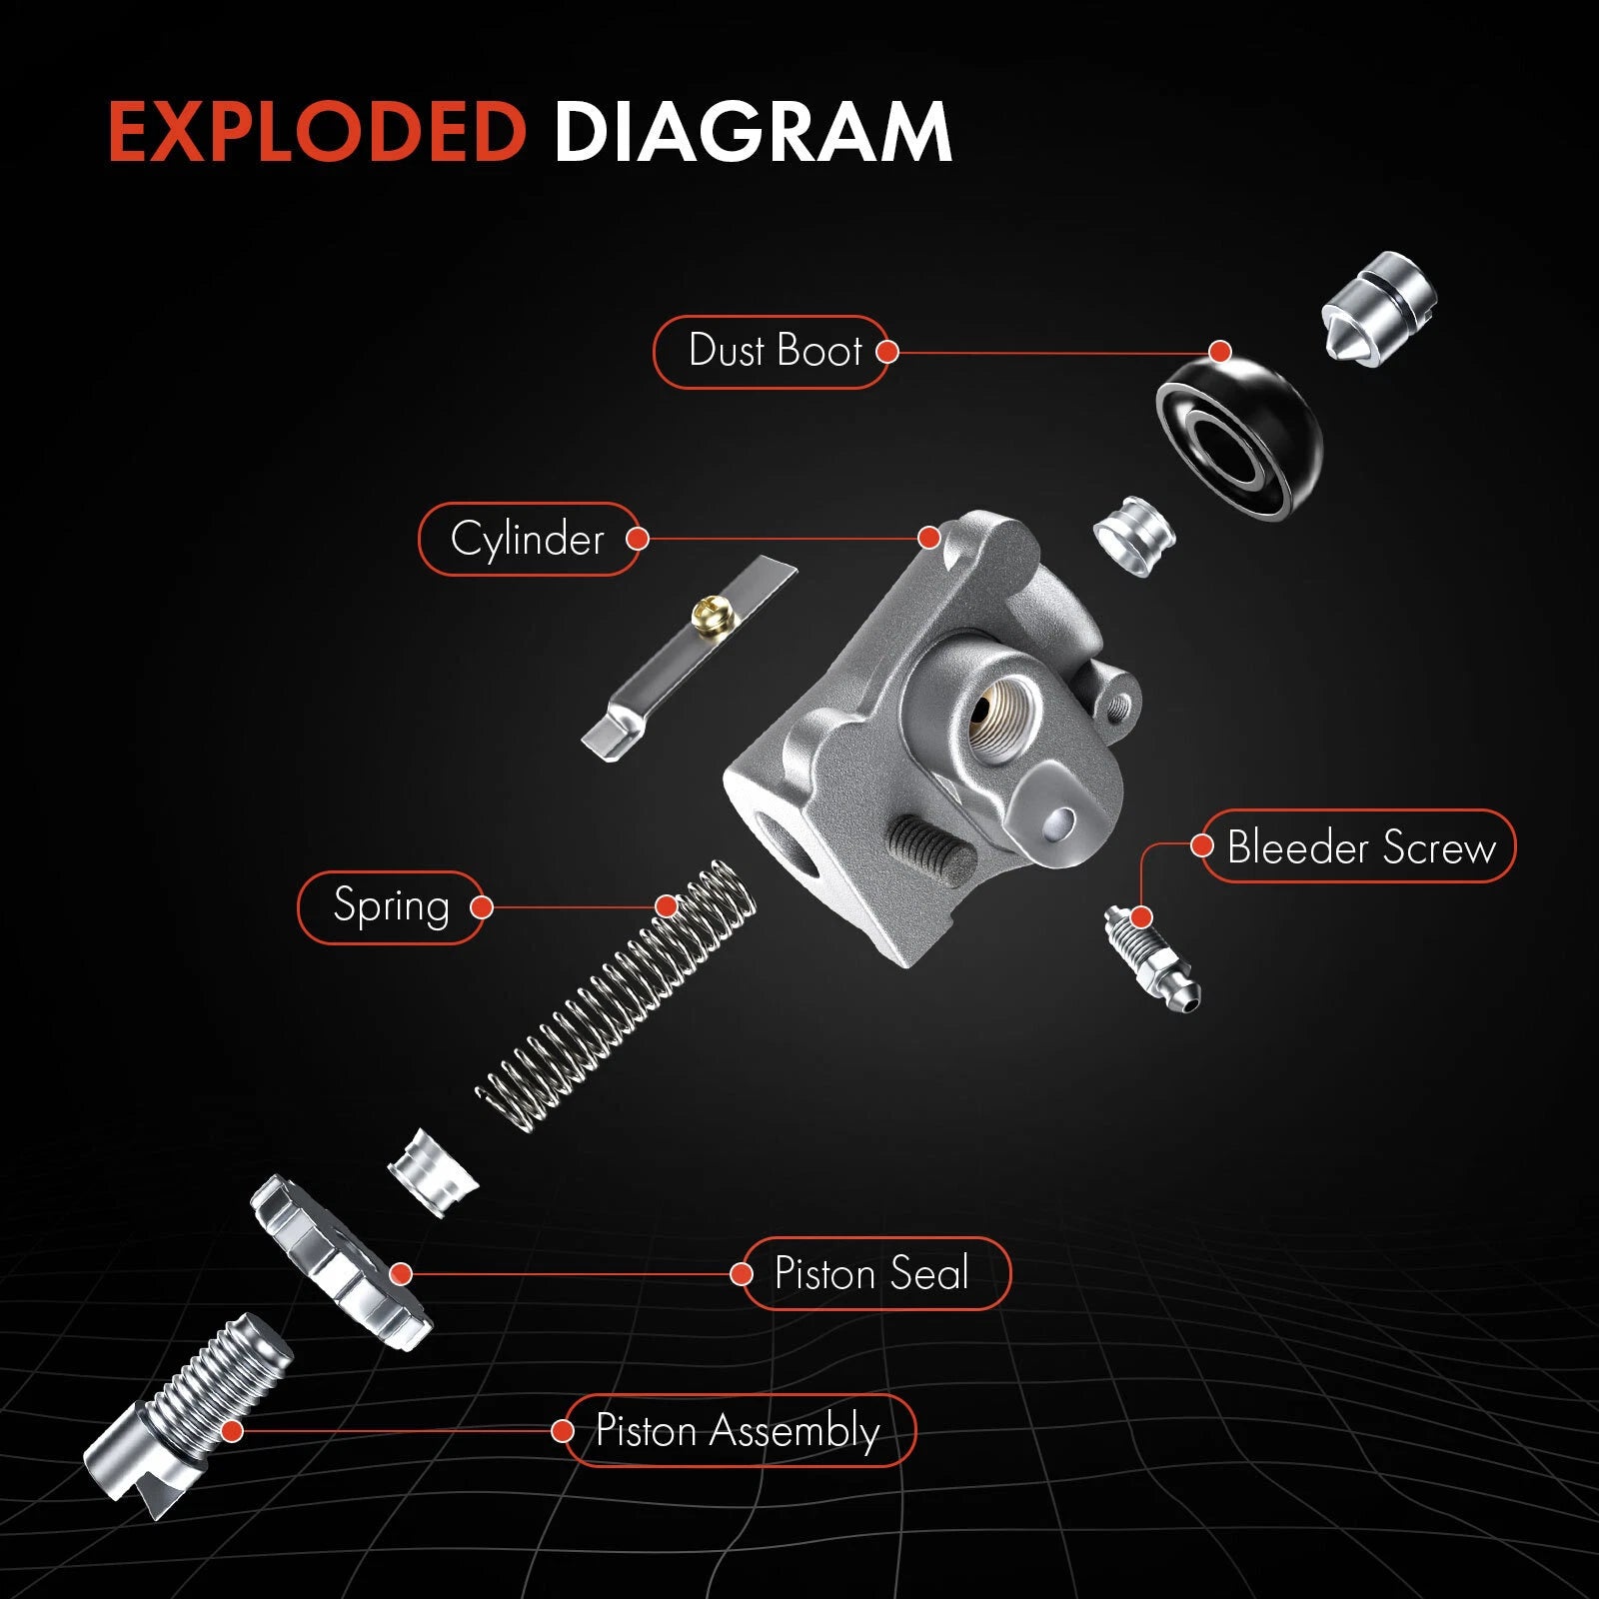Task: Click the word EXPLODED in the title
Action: point(318,131)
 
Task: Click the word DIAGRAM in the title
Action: point(753,131)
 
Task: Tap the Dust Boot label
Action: point(775,351)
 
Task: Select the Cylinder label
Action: point(528,540)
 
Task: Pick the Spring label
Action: point(391,906)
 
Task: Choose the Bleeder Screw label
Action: point(1360,846)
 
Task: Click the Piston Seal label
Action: point(871,1273)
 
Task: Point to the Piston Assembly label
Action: point(738,1430)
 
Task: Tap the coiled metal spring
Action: point(616,995)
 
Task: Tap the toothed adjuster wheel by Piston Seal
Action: point(340,1261)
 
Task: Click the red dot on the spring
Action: point(667,906)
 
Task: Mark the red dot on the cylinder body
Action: point(929,538)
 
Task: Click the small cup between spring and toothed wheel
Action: point(433,1171)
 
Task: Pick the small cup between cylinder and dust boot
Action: point(1134,536)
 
